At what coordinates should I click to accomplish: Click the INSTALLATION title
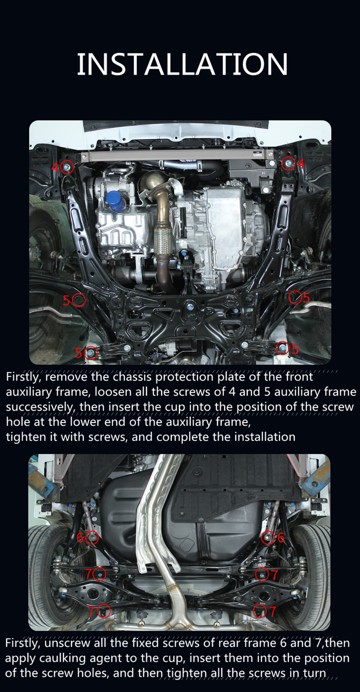pyautogui.click(x=182, y=64)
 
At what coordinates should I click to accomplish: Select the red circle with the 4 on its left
pyautogui.click(x=67, y=168)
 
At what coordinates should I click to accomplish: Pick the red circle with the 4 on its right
pyautogui.click(x=288, y=163)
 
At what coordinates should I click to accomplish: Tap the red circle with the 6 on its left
pyautogui.click(x=92, y=538)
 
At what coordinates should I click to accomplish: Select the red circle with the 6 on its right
pyautogui.click(x=268, y=537)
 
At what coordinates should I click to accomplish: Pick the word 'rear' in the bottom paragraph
pyautogui.click(x=231, y=643)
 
